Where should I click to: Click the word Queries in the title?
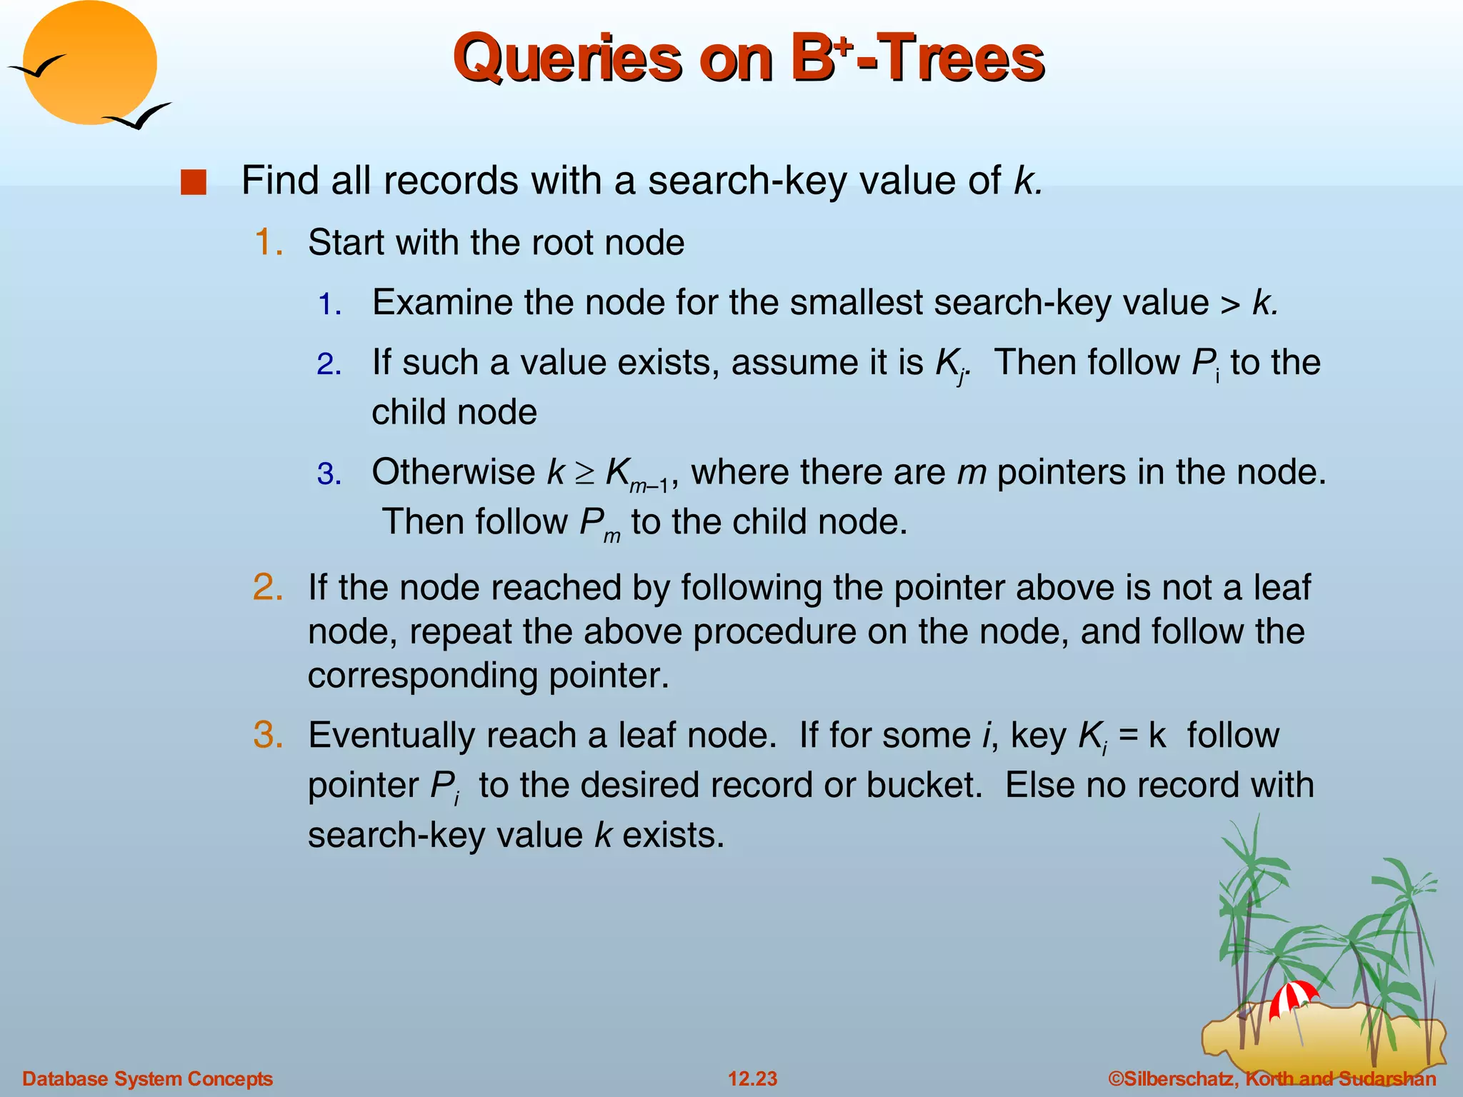point(568,59)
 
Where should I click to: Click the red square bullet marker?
point(193,182)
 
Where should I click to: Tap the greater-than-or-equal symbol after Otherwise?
point(585,473)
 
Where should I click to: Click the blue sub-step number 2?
point(329,365)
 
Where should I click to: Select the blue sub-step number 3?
point(329,475)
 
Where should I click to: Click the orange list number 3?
point(268,736)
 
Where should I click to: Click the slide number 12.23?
point(752,1078)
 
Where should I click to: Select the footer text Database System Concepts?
point(147,1078)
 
